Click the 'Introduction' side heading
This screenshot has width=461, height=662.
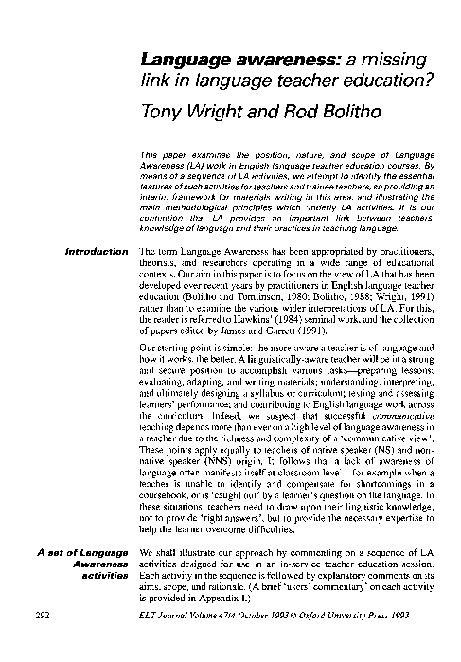coord(93,252)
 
